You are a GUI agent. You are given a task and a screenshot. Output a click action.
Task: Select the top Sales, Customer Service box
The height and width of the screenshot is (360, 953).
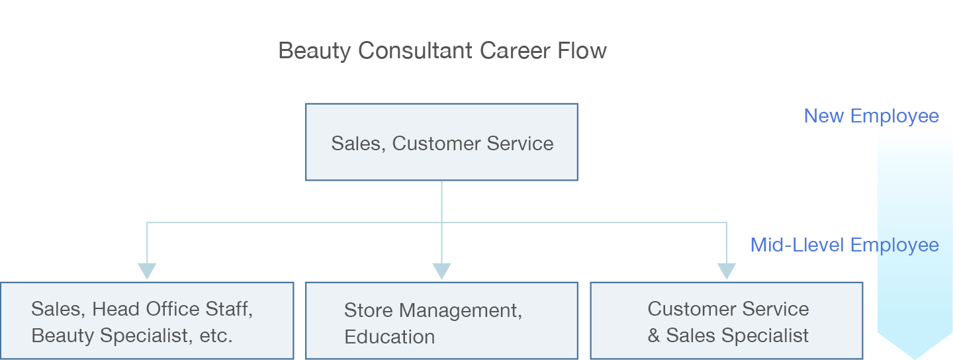pyautogui.click(x=441, y=142)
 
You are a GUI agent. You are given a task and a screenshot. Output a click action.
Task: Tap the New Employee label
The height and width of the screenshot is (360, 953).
pyautogui.click(x=871, y=116)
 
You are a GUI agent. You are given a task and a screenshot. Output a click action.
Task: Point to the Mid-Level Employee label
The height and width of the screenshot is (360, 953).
pyautogui.click(x=844, y=246)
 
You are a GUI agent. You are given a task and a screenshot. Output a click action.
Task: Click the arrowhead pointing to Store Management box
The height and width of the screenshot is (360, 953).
pyautogui.click(x=441, y=271)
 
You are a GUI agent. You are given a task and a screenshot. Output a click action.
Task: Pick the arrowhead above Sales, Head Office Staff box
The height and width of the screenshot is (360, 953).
pyautogui.click(x=147, y=271)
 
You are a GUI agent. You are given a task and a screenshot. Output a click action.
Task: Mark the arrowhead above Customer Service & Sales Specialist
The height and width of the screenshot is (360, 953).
pyautogui.click(x=727, y=271)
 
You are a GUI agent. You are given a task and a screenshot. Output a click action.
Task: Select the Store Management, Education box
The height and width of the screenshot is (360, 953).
pyautogui.click(x=441, y=321)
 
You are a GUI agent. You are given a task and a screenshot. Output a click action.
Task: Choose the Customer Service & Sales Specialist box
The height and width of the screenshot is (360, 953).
pyautogui.click(x=726, y=321)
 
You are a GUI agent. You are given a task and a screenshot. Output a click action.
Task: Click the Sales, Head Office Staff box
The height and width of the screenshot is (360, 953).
pyautogui.click(x=147, y=321)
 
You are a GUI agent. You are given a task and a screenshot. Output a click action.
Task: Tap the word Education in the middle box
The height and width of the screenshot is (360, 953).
pyautogui.click(x=389, y=337)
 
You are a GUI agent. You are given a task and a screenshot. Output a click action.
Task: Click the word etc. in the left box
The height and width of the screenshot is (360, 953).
pyautogui.click(x=216, y=336)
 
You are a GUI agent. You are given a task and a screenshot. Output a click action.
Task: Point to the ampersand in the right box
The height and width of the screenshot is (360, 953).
pyautogui.click(x=654, y=336)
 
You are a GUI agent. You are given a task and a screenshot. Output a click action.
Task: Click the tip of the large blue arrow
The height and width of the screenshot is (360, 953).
pyautogui.click(x=915, y=357)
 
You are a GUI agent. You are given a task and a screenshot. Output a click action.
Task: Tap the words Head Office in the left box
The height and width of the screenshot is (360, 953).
pyautogui.click(x=146, y=309)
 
